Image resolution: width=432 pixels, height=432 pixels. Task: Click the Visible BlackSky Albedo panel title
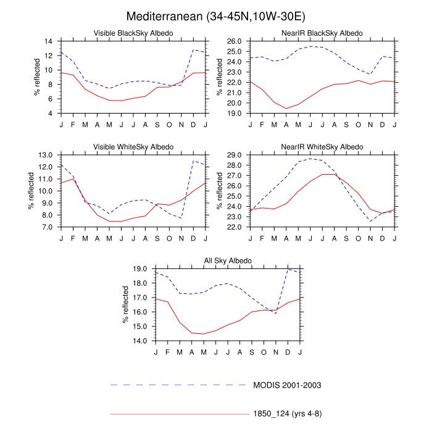(133, 33)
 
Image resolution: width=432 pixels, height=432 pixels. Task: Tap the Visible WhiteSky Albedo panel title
(133, 146)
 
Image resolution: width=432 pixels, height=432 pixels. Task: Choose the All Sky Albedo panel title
(228, 260)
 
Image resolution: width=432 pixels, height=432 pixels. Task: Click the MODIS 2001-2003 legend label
(288, 384)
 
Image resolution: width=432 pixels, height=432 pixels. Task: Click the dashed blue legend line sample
(179, 384)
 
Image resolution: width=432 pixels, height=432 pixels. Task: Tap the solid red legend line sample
(179, 414)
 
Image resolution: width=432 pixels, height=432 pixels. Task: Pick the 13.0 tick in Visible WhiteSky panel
(47, 155)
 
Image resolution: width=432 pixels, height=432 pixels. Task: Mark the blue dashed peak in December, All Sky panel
(288, 269)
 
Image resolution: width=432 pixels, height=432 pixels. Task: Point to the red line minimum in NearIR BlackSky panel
(286, 109)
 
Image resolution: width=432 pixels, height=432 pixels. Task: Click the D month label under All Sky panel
(288, 352)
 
